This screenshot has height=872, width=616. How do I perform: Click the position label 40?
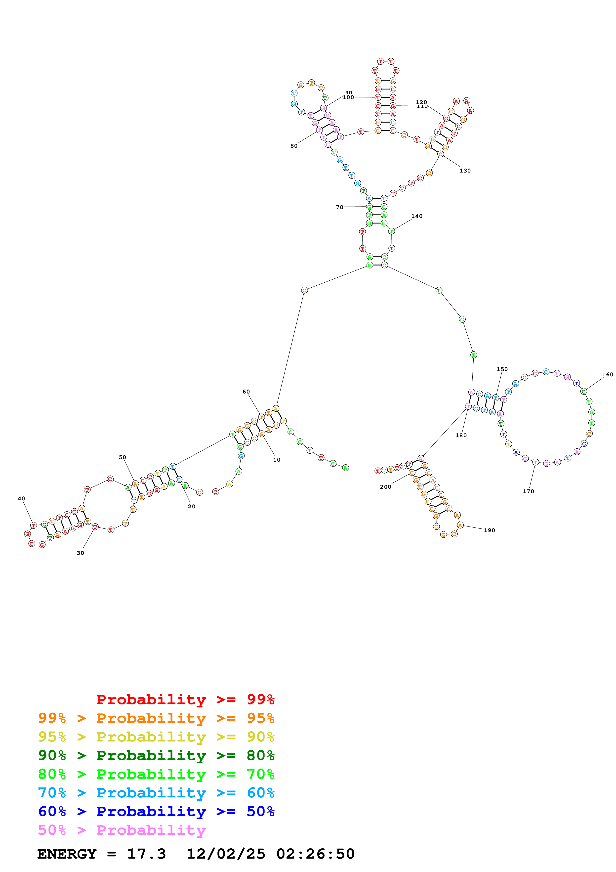[x=21, y=499]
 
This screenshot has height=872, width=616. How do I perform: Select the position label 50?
[x=122, y=457]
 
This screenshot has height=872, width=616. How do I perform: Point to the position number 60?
[x=246, y=392]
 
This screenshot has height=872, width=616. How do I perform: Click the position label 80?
[x=294, y=146]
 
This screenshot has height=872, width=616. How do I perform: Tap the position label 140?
[x=417, y=216]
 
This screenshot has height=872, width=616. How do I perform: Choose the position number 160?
[x=607, y=374]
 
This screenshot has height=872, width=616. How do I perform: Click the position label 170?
[x=528, y=491]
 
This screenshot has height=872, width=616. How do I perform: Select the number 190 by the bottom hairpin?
[x=489, y=530]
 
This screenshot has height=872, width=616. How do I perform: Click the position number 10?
[x=277, y=460]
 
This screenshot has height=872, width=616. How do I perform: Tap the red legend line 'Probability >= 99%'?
[x=185, y=699]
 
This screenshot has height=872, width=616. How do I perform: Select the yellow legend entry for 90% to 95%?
[x=156, y=737]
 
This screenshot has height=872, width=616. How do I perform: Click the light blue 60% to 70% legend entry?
[x=156, y=793]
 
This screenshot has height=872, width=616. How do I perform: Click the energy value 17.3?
[x=146, y=854]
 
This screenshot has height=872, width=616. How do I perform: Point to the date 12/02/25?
[x=226, y=854]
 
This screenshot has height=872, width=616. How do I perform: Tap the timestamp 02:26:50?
[x=315, y=854]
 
